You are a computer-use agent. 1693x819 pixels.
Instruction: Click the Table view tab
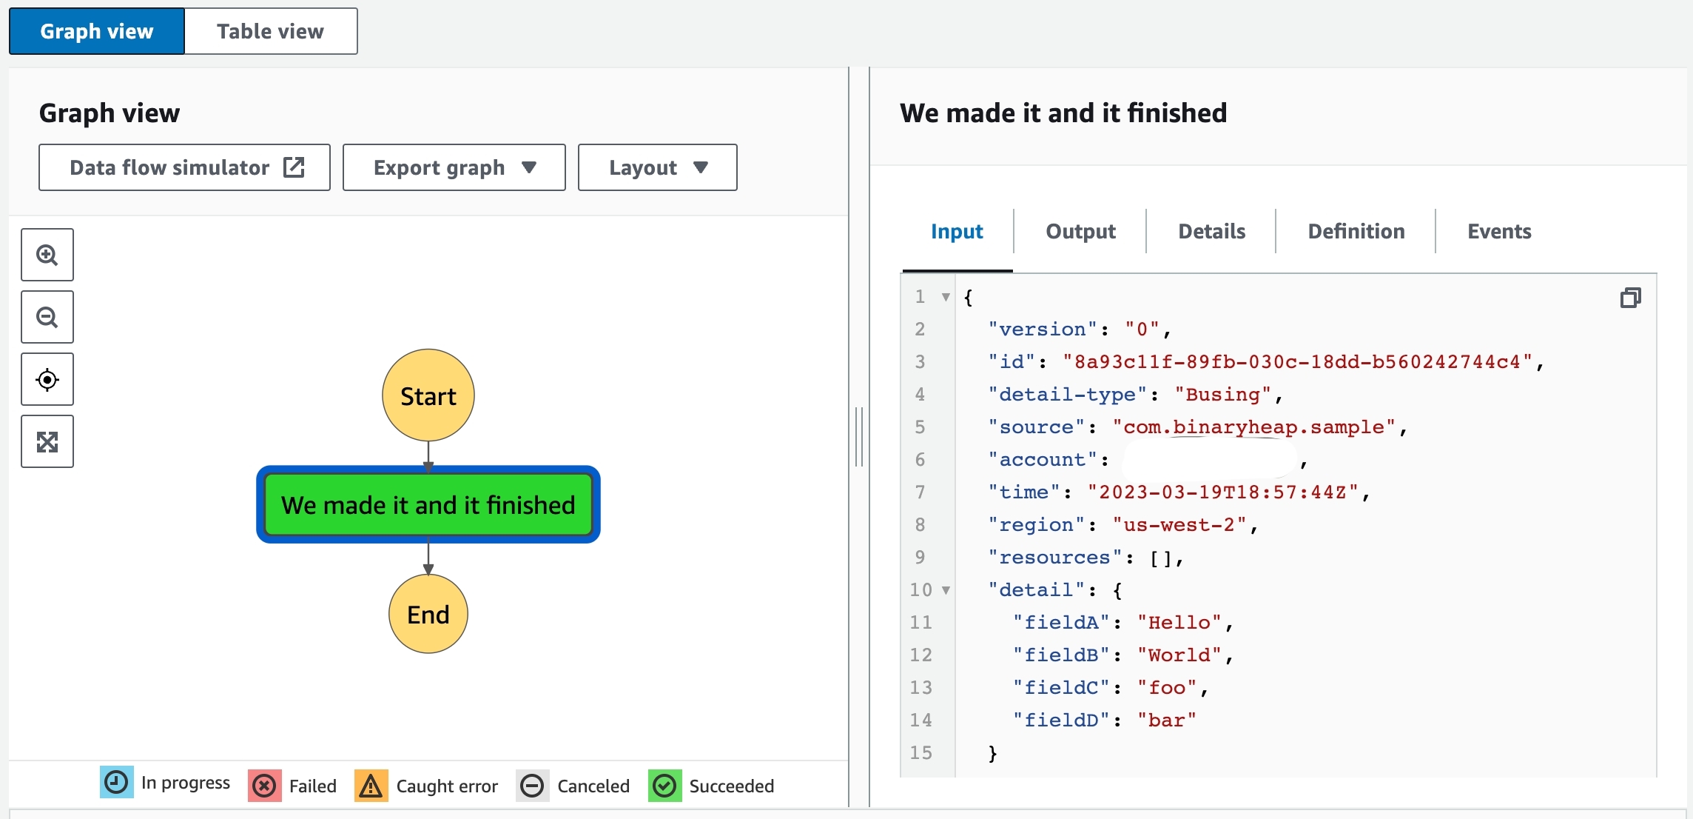(271, 31)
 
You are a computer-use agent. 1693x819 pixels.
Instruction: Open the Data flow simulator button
(184, 167)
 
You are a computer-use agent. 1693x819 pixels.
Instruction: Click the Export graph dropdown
(454, 167)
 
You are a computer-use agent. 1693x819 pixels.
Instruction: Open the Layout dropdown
(657, 167)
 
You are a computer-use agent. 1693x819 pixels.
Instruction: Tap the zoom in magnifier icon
(47, 255)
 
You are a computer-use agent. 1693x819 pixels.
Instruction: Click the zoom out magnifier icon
(47, 317)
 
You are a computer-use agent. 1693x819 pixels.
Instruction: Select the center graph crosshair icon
(47, 380)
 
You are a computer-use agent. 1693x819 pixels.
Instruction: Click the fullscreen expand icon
(47, 442)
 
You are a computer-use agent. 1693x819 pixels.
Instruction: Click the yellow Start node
(428, 395)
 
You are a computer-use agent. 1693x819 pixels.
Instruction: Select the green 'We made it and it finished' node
(428, 504)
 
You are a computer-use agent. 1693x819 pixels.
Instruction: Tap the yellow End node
(428, 614)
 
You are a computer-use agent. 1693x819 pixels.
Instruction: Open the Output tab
(1080, 231)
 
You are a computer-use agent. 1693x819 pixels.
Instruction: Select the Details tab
(1212, 231)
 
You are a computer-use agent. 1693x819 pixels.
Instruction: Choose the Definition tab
(1356, 231)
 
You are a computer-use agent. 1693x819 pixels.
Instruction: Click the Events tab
(1499, 231)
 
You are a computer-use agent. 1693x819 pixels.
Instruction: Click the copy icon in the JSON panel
(1630, 298)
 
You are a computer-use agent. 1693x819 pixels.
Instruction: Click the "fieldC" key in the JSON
(1062, 688)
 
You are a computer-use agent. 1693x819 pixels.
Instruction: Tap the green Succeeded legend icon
(664, 786)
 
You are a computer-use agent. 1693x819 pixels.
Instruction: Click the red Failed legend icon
(264, 786)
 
